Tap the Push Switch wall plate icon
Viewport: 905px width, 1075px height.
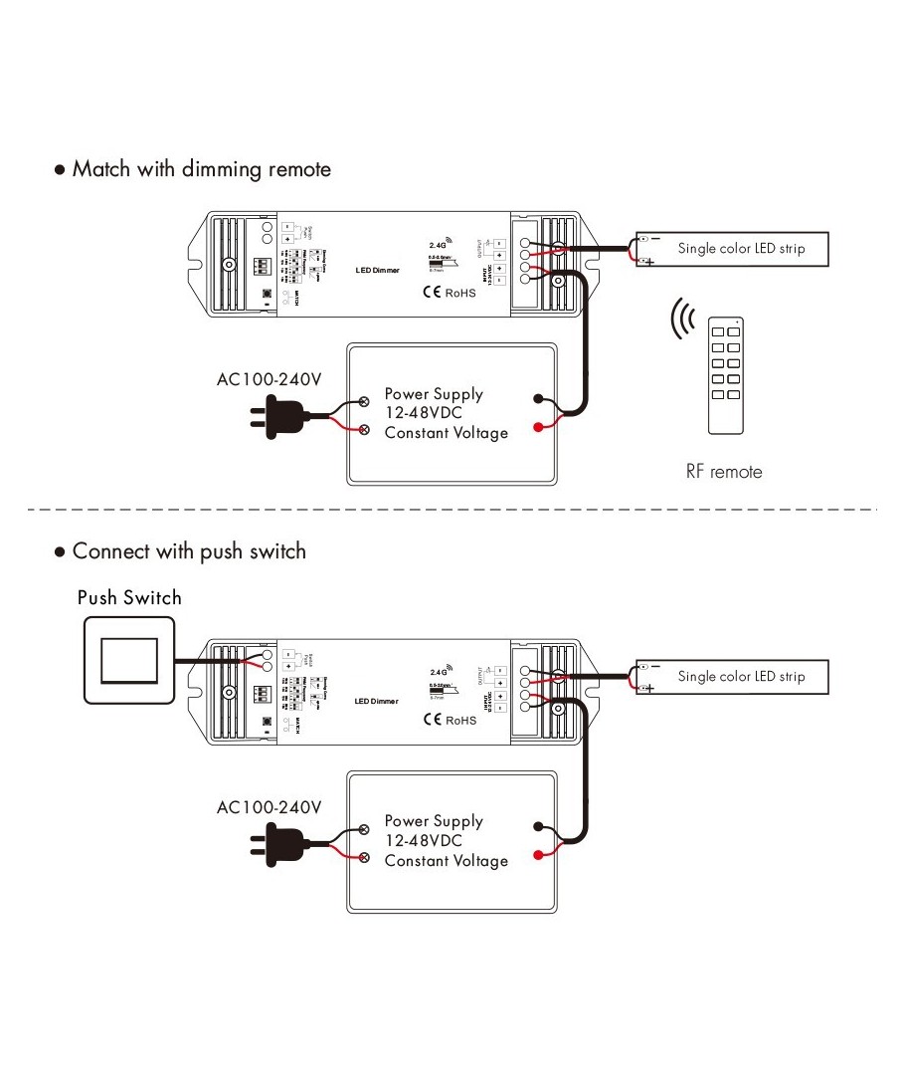(x=129, y=660)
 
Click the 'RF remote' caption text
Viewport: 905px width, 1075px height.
(x=724, y=472)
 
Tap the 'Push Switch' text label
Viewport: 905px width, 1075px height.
(x=129, y=597)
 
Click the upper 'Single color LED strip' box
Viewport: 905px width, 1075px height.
(x=733, y=249)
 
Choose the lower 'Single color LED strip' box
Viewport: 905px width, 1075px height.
(x=733, y=677)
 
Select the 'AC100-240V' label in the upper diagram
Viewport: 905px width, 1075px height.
(x=269, y=379)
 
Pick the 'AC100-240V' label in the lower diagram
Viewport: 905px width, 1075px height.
(x=269, y=807)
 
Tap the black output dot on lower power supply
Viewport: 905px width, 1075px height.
(x=539, y=825)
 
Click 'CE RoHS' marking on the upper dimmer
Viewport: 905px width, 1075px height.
(x=450, y=293)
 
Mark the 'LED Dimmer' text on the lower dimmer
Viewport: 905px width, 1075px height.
(x=377, y=702)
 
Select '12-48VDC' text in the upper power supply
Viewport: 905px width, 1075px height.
(x=424, y=413)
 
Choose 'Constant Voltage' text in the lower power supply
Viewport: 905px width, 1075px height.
(x=446, y=861)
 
